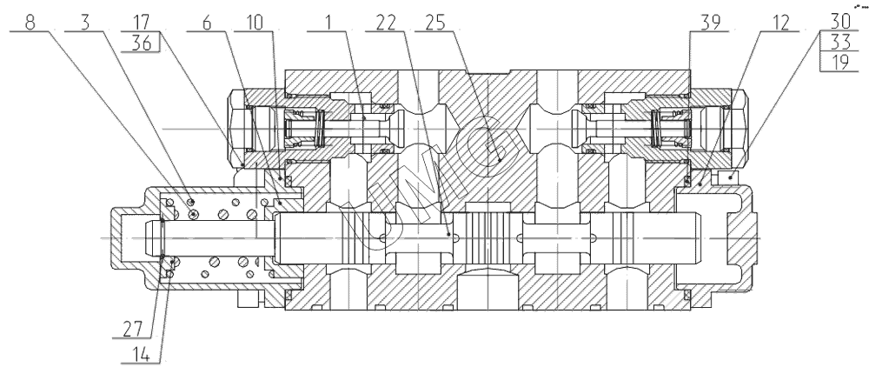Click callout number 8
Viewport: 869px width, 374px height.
pos(30,23)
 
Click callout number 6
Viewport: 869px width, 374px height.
pos(206,23)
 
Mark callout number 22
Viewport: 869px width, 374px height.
pos(387,23)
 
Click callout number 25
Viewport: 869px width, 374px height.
pos(435,23)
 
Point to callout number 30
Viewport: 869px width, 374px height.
pos(840,22)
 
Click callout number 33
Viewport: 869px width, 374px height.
pos(840,42)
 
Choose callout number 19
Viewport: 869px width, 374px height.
pos(840,62)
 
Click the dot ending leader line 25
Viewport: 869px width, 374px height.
pos(500,160)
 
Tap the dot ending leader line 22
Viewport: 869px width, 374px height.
pos(448,235)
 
